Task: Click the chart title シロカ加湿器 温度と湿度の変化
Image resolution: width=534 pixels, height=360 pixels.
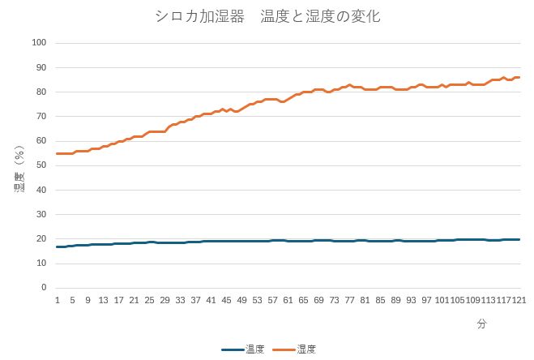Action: point(267,16)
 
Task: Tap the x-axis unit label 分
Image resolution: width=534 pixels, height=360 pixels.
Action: point(481,324)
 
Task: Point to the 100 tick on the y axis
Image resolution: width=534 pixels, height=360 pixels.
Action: point(39,43)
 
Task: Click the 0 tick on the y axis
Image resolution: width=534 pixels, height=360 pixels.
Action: point(44,288)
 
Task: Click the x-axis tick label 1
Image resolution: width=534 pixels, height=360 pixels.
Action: point(57,299)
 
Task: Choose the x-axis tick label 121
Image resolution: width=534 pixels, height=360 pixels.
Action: point(518,299)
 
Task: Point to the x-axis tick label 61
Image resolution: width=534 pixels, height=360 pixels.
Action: point(288,299)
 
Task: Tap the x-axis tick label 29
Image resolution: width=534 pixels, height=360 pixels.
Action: point(164,299)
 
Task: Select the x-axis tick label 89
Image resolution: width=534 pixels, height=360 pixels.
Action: point(395,299)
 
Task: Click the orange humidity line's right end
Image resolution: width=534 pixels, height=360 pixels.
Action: point(519,78)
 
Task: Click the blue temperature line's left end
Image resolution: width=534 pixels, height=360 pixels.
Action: point(57,246)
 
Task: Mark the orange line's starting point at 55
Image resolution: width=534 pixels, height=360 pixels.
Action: point(57,153)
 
